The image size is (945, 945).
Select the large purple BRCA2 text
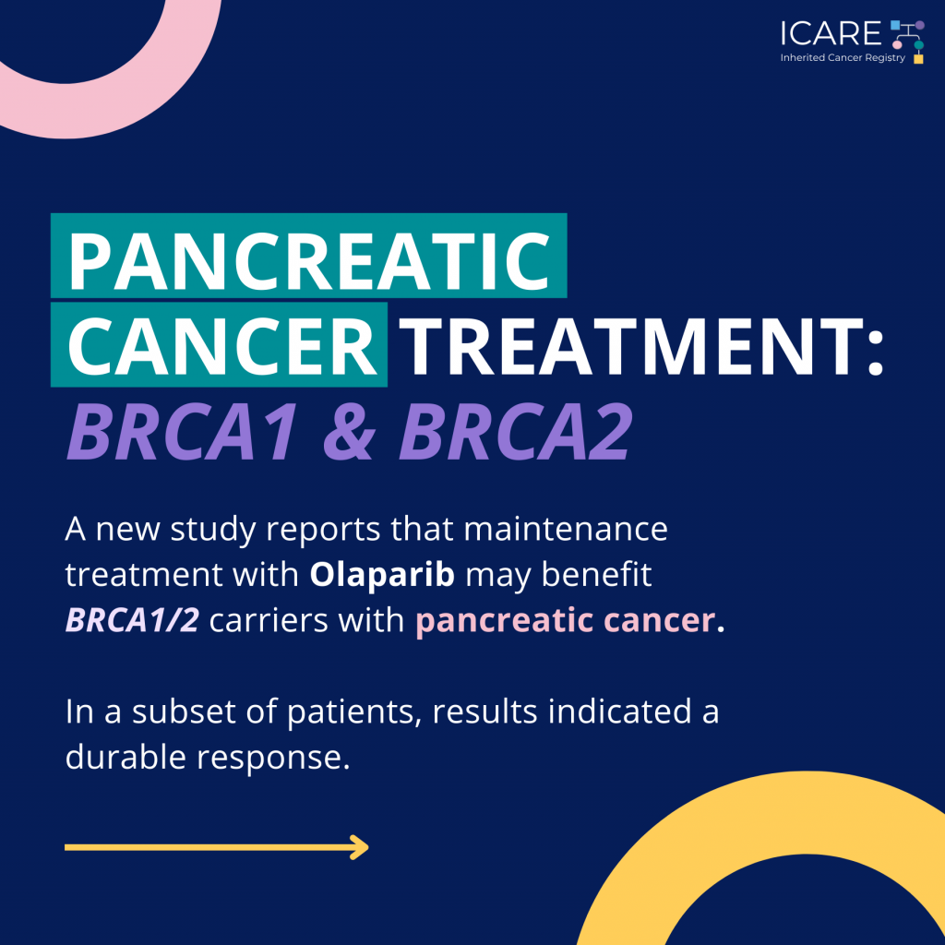pos(516,432)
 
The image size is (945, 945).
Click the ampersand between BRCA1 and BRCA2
pos(350,432)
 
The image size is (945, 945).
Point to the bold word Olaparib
pos(382,574)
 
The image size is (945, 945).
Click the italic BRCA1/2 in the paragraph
pos(132,620)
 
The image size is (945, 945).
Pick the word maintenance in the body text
pos(566,529)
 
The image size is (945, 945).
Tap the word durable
pos(126,757)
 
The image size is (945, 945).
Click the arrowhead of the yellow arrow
pos(361,847)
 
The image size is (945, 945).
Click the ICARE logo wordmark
pos(831,34)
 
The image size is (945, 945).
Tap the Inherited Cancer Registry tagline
pos(843,58)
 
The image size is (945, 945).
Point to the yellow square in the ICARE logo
pos(918,59)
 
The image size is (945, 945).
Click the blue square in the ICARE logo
pos(895,25)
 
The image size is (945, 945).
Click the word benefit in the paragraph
pos(596,574)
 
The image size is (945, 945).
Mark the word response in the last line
pos(273,759)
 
